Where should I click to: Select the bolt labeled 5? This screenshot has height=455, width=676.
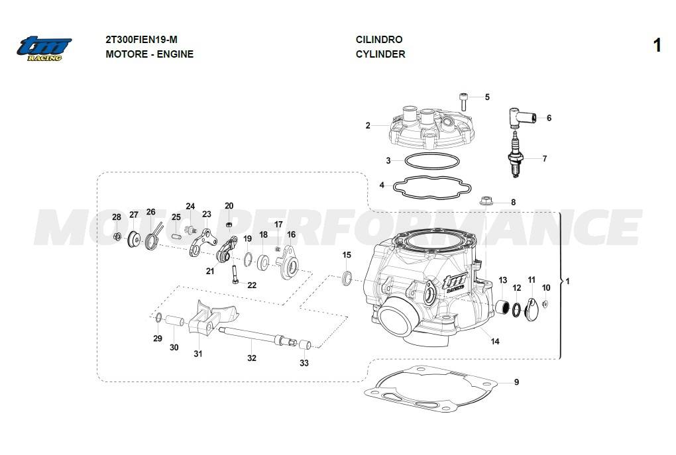click(464, 101)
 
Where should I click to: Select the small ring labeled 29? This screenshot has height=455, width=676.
click(159, 318)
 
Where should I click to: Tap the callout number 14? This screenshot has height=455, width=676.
click(495, 341)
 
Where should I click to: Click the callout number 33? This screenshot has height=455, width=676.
click(304, 362)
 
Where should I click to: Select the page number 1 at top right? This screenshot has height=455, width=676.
click(657, 45)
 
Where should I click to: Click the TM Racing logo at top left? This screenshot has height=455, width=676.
click(44, 48)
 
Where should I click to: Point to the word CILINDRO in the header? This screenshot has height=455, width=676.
click(378, 40)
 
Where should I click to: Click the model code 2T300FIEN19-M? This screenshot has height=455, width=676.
click(141, 40)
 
